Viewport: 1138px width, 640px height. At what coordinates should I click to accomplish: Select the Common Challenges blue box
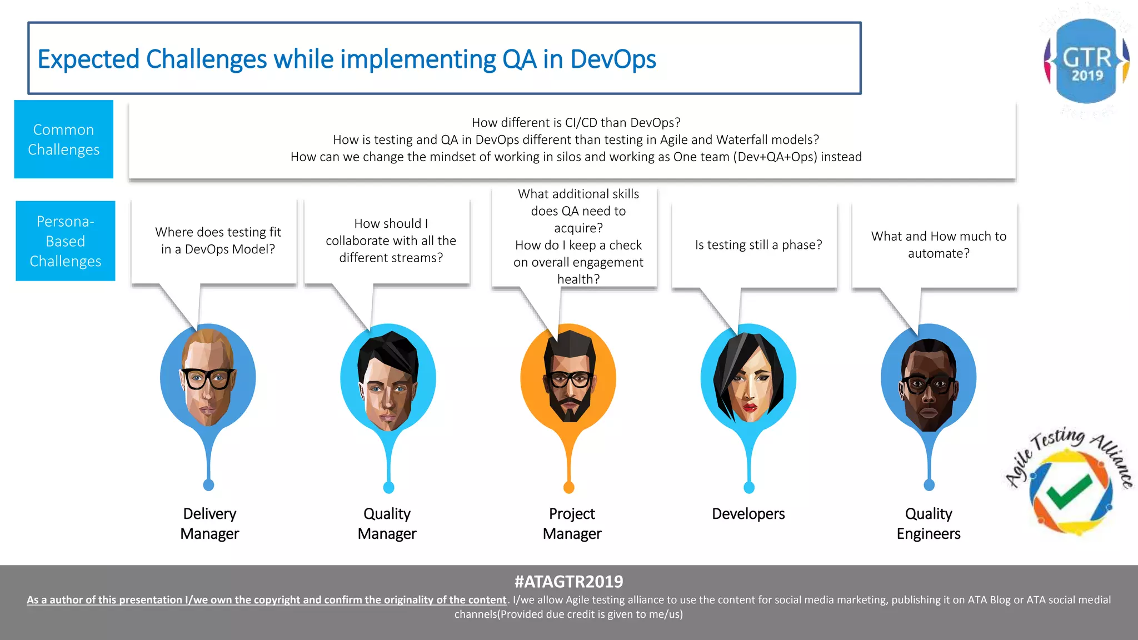click(64, 139)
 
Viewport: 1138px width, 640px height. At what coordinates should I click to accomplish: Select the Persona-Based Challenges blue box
click(66, 241)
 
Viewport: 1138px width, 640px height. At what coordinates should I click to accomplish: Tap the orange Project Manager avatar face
click(569, 381)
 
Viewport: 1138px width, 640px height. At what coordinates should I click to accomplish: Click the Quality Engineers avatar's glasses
click(929, 384)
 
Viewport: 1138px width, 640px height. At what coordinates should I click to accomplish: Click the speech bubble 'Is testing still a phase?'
click(758, 245)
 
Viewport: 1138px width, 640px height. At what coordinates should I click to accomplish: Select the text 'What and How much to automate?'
click(939, 244)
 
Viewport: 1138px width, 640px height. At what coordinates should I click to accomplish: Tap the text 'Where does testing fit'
click(218, 232)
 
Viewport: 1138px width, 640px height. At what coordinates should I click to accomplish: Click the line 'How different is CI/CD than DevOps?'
click(576, 122)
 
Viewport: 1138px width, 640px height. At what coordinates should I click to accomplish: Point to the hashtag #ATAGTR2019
click(568, 582)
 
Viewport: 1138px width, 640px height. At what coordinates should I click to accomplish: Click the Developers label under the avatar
click(748, 514)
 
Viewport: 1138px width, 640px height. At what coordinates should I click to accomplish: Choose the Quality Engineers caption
click(928, 523)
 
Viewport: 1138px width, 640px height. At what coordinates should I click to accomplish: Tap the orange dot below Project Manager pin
click(568, 488)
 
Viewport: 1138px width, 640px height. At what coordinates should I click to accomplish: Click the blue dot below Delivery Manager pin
click(208, 485)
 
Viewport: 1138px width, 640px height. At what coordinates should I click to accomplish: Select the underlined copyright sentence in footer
click(267, 600)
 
